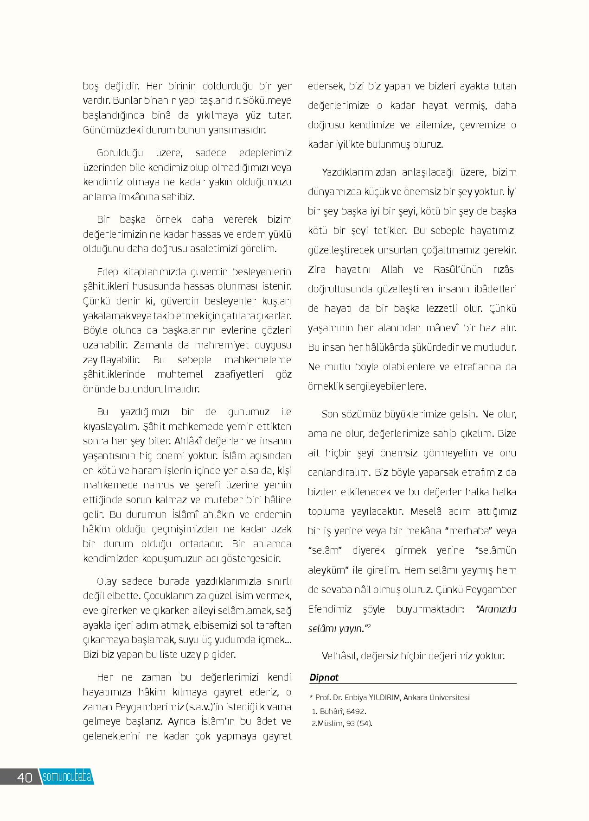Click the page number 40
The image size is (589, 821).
(25, 777)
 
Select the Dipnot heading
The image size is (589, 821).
(324, 677)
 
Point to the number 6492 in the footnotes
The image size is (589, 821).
(356, 711)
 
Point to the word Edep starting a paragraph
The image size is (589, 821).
(108, 272)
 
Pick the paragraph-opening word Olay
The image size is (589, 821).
(107, 581)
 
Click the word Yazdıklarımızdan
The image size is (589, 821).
(359, 172)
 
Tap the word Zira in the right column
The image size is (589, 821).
(317, 270)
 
